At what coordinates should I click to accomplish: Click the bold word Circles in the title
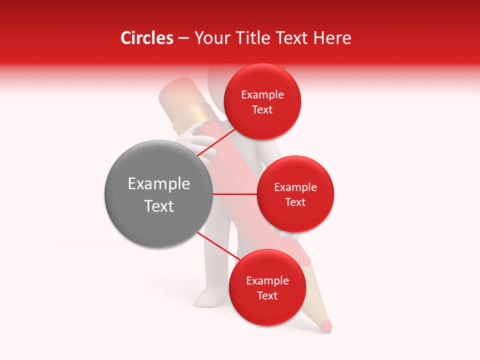point(146,38)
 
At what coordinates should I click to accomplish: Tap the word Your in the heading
point(210,38)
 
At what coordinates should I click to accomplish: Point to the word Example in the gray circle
point(159,184)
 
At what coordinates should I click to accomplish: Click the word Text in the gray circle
point(159,206)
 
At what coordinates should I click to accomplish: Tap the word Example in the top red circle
point(262,95)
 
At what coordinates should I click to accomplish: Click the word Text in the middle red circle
point(295,202)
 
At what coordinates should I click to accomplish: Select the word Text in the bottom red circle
point(267,295)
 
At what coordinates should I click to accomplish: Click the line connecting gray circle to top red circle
point(217,143)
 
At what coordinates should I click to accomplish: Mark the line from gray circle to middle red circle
point(234,194)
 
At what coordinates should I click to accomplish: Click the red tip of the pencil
point(324,326)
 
